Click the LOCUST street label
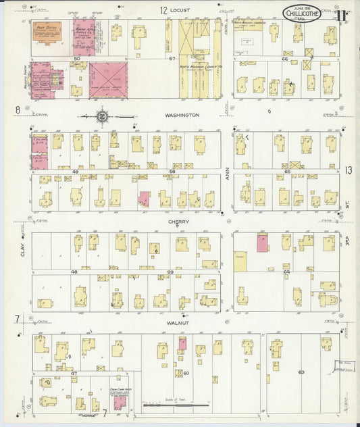(x=180, y=10)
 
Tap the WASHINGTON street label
(x=182, y=116)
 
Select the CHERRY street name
(x=179, y=222)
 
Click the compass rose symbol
(x=102, y=116)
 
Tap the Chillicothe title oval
(x=302, y=13)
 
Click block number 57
(x=172, y=59)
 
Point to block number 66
(x=285, y=59)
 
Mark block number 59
(x=171, y=272)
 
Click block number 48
(x=74, y=272)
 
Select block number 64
(x=286, y=272)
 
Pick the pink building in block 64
(x=261, y=243)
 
